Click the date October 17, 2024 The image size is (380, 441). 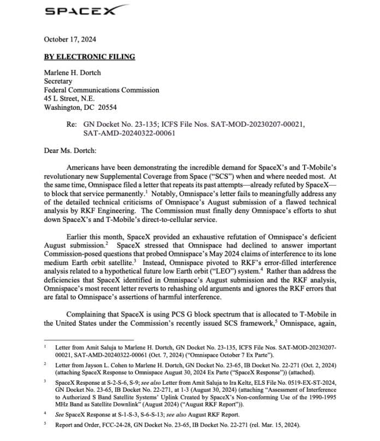pyautogui.click(x=70, y=39)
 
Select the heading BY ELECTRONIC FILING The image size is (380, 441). pyautogui.click(x=89, y=57)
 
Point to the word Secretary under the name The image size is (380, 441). pyautogui.click(x=58, y=81)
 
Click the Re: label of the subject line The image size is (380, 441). pyautogui.click(x=72, y=124)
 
